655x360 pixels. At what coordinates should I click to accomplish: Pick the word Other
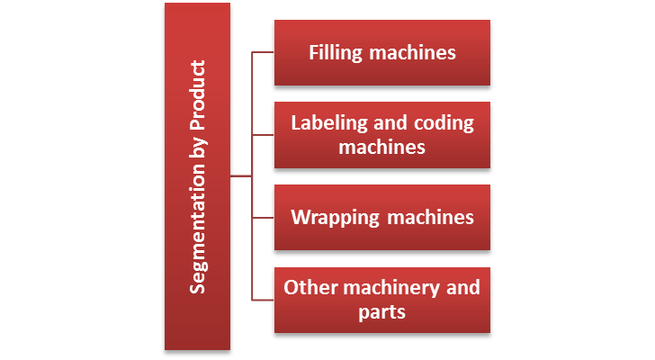click(x=307, y=288)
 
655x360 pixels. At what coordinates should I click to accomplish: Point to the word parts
click(x=381, y=311)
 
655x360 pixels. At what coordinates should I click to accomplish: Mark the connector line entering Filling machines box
click(x=263, y=52)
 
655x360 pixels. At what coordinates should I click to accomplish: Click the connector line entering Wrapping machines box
click(x=263, y=218)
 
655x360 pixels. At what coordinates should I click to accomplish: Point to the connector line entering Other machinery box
click(x=263, y=300)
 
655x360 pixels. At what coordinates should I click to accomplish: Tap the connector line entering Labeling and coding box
click(x=263, y=135)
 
